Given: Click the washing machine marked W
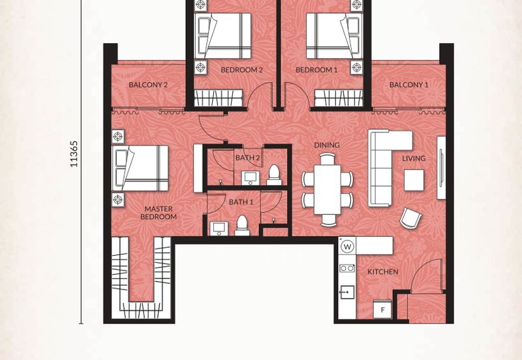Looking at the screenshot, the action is coord(348,247).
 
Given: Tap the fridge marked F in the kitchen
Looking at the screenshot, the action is coord(382,309).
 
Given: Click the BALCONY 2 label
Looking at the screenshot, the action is coord(148,85).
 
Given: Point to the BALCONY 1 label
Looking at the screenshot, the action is coord(409,85).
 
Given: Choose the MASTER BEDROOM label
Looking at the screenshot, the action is coord(159,213).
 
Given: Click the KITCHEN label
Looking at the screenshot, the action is coord(382,272).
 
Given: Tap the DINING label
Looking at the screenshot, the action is coord(327,145).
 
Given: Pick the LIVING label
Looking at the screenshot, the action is coord(414,158).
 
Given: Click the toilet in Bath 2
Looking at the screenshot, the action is coord(274,175).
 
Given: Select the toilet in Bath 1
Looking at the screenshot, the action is coord(242,226).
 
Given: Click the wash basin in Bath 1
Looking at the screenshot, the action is coord(219,228).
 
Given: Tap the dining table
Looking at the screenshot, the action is coord(328,190).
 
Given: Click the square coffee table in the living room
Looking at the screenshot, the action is coord(414,180).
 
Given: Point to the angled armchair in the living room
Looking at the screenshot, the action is coord(410,218).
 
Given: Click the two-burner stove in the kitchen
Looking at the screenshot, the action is coord(347,268).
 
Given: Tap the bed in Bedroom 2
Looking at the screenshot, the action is coord(223,36).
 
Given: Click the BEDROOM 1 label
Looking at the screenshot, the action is coord(316,70).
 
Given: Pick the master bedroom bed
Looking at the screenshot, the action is coord(140,168).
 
